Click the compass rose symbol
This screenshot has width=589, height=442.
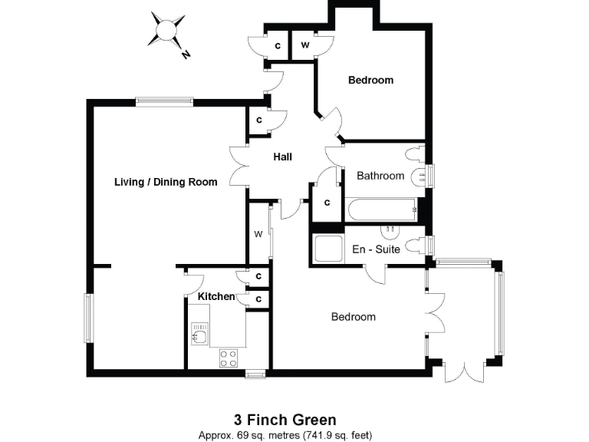click(x=166, y=30)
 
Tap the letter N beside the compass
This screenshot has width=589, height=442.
click(x=186, y=54)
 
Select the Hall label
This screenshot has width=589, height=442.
click(x=283, y=157)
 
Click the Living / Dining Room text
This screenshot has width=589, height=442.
click(x=166, y=182)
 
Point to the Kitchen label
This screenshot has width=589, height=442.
click(x=216, y=296)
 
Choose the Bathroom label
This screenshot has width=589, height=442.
click(x=380, y=176)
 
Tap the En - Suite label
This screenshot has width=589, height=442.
click(x=376, y=249)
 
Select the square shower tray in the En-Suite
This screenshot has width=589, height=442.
click(x=328, y=249)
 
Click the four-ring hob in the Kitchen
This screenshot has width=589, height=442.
click(x=229, y=358)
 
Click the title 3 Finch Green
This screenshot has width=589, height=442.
click(x=285, y=420)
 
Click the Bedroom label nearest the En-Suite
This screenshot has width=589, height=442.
click(x=354, y=317)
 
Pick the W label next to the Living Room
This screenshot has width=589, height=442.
click(x=258, y=234)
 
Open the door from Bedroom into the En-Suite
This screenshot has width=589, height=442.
click(x=375, y=274)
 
